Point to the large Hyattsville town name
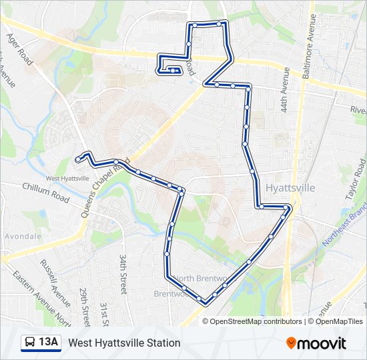[290, 188]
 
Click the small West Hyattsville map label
[67, 178]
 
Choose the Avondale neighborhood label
[22, 236]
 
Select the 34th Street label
[123, 273]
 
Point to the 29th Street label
[85, 304]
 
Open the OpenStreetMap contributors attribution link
[256, 321]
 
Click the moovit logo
[316, 343]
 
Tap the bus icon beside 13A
[30, 343]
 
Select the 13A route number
[49, 343]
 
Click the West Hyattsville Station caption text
[124, 343]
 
